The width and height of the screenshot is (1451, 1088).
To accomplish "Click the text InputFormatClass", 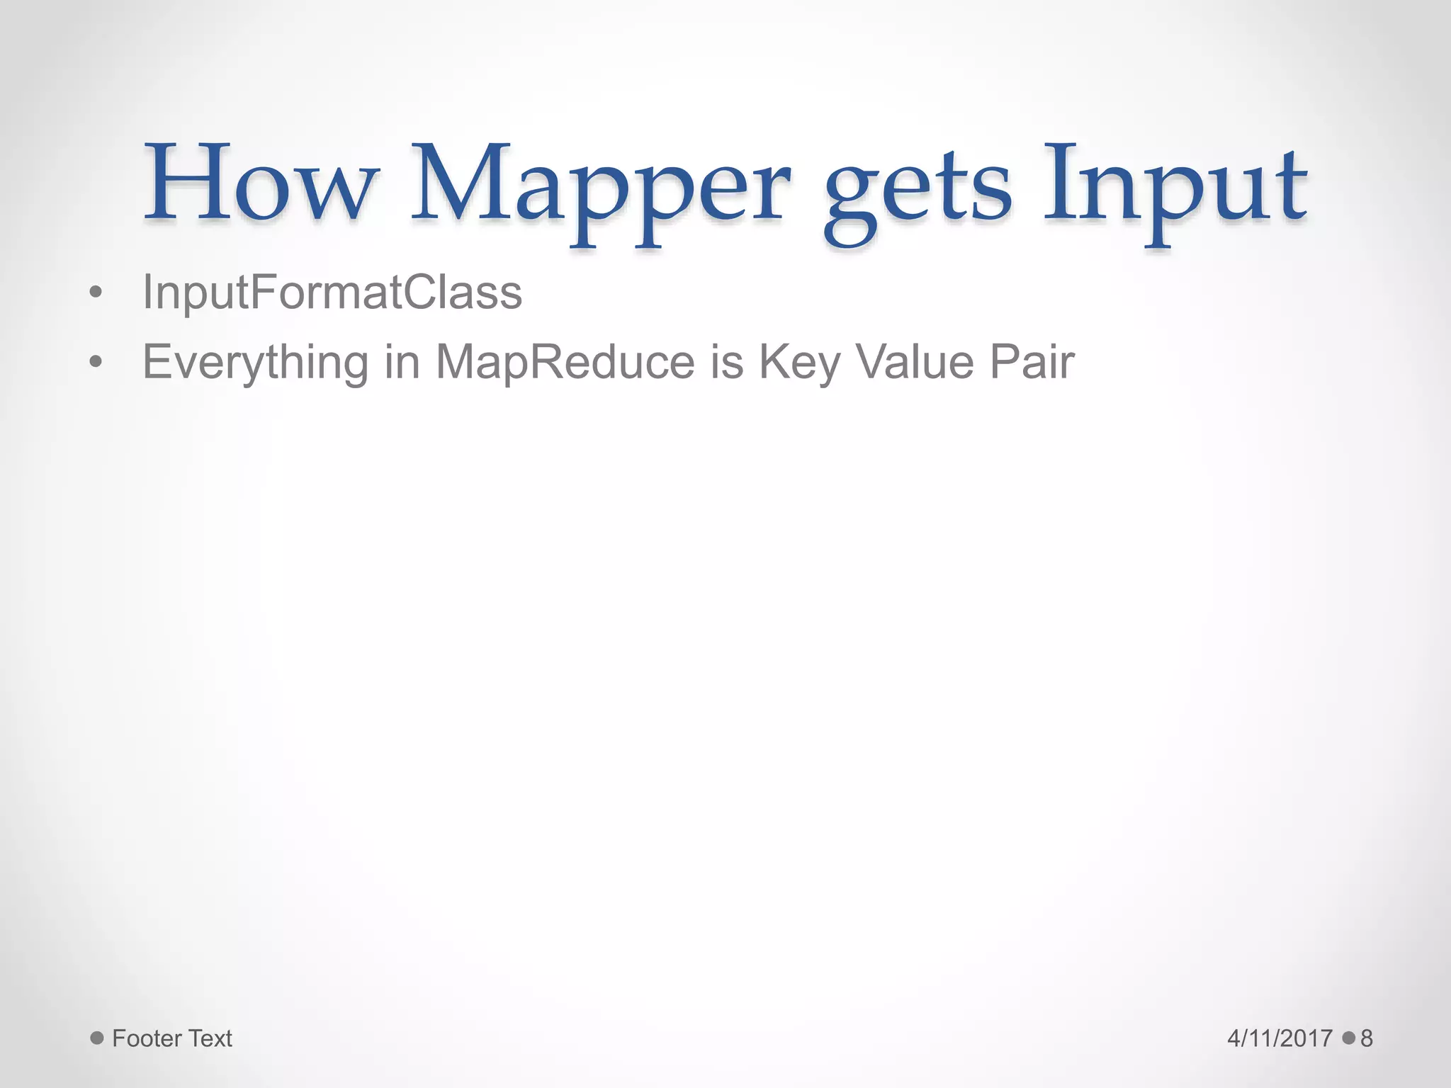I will tap(332, 292).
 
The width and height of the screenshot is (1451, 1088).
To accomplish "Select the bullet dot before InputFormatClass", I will tap(96, 293).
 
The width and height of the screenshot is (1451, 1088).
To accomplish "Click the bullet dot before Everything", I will tap(96, 363).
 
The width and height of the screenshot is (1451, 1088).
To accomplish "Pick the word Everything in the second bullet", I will tap(256, 363).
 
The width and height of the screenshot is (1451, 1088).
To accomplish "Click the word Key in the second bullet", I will tap(799, 363).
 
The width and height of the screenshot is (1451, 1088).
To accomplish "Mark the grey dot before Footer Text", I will tap(97, 1038).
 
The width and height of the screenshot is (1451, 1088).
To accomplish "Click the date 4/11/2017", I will tap(1280, 1038).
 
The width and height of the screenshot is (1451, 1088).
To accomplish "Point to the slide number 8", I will tap(1367, 1038).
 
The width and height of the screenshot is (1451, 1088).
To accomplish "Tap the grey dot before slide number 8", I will tap(1348, 1038).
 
